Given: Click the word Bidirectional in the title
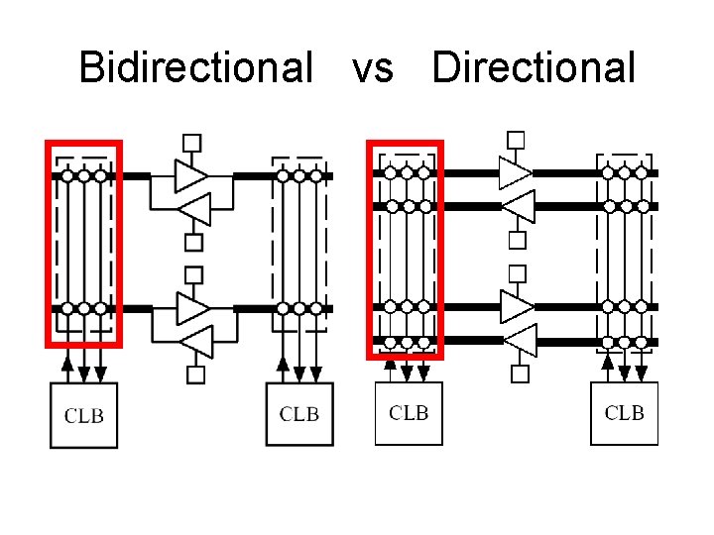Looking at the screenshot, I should coord(195,68).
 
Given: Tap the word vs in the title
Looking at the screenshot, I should coord(372,68).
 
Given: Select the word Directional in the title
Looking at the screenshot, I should coord(534,68).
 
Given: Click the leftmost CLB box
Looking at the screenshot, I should coord(83,415).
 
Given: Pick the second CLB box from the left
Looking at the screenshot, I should coord(299,414).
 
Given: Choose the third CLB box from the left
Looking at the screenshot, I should coord(409,412).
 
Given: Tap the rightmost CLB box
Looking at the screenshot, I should coord(625,412).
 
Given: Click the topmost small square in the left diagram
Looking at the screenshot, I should coord(192,143).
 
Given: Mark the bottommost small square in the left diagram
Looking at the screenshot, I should coord(195,374).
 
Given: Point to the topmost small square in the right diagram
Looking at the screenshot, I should coord(516,139).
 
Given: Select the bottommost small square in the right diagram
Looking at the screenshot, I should coord(519,374).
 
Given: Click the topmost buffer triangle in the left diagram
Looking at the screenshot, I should coord(190,175).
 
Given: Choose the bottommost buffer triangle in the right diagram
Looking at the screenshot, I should coord(519,340).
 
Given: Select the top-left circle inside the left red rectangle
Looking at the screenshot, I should coord(67,175).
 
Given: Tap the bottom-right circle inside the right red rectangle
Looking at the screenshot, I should coord(423,343).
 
